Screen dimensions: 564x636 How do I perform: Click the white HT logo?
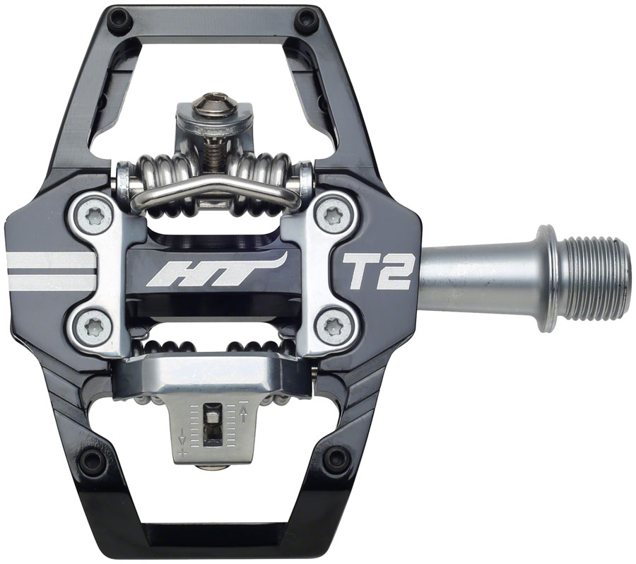click(x=212, y=271)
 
